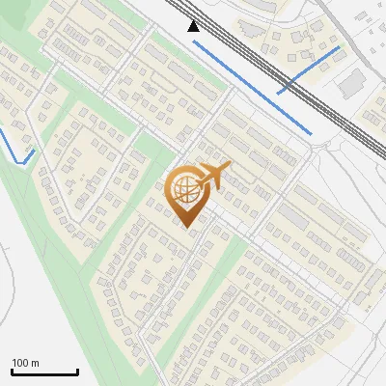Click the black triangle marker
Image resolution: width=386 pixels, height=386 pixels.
coord(194,27)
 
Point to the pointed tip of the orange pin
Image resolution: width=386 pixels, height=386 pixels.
coord(186,226)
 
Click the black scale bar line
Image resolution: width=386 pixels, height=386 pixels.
coord(44,372)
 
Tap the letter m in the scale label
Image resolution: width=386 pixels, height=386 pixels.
coord(35,363)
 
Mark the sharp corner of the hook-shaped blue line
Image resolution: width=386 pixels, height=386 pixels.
coord(20,163)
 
